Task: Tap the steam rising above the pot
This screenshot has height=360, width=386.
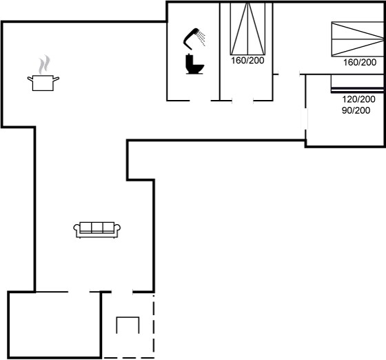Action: coord(44,64)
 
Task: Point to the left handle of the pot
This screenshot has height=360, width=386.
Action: coord(30,79)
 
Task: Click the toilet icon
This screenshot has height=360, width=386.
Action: coord(194,64)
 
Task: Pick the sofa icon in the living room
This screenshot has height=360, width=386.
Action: coord(97,230)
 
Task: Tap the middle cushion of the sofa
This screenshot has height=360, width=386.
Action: coord(97,228)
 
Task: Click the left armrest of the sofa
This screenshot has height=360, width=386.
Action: coord(77,229)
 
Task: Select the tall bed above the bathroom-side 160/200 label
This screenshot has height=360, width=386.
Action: coord(247,29)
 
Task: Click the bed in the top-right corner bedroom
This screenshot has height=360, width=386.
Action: coord(358,39)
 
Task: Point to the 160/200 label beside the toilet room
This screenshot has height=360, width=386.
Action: coord(247,60)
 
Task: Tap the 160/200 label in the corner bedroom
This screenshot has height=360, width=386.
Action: coord(360,62)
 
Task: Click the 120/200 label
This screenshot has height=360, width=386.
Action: coord(358,99)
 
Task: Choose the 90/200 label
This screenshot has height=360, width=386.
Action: coord(356,110)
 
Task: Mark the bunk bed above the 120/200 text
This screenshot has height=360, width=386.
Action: coord(358,83)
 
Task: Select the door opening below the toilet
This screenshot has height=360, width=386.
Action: coord(200,101)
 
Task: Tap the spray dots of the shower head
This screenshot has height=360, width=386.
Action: coord(202,39)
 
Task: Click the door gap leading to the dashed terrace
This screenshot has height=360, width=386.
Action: coord(122,292)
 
